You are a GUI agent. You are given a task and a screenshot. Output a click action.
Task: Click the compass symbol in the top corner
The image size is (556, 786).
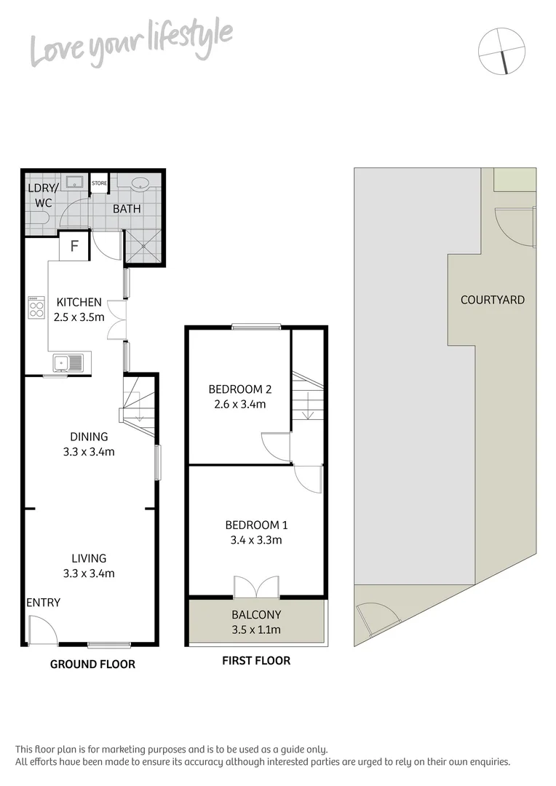pos(501,50)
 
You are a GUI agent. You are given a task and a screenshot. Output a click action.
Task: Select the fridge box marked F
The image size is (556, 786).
pos(74,246)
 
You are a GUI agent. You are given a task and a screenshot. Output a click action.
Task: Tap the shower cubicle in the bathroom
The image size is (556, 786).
pos(144,247)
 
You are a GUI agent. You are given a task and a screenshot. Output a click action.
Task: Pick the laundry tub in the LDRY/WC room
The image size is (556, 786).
pos(74,182)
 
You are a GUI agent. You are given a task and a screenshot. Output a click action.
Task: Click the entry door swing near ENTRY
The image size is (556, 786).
pos(43,630)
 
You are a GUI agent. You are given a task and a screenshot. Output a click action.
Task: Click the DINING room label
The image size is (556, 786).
pos(89,437)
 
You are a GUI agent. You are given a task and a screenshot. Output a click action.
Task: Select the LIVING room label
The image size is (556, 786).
pos(89,559)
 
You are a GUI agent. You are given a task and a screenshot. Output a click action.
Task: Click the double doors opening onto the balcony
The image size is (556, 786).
pos(256,587)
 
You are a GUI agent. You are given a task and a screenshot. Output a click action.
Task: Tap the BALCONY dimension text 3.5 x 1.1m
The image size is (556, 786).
pos(255,630)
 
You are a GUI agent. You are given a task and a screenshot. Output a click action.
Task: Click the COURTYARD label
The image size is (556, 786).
pos(493,300)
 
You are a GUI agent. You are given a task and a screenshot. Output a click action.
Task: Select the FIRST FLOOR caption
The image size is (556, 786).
pos(255,661)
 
